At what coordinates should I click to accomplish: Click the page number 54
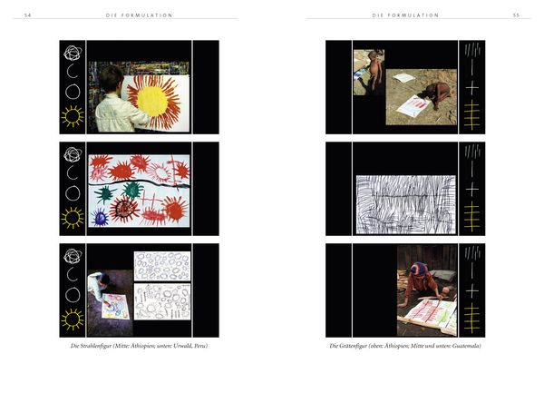pos(27,15)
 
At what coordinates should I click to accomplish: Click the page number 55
pos(516,15)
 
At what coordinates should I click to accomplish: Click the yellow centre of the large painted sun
pos(152,101)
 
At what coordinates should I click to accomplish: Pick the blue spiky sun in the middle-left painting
pos(100,217)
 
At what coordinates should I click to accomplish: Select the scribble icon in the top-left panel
pos(73,54)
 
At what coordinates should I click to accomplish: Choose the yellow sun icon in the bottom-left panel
pos(73,319)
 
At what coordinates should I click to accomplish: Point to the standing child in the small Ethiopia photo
pos(375,71)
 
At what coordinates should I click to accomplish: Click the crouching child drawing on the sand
pos(438,93)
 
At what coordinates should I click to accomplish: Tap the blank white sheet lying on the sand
pos(403,78)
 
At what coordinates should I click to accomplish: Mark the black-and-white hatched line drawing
pos(406,204)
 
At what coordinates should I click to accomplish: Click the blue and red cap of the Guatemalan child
pos(419,269)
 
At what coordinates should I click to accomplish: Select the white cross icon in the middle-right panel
pos(471,190)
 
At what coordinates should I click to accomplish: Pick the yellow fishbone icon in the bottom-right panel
pos(471,318)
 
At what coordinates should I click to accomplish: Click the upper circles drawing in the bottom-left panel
pos(162,266)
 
